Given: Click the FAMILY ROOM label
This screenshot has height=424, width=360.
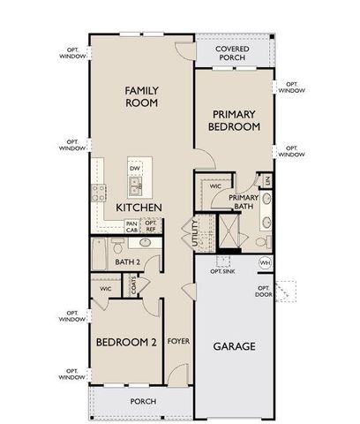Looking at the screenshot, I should (141, 96).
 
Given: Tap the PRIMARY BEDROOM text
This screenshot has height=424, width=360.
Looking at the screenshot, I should (234, 120).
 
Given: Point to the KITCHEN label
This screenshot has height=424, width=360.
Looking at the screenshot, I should (139, 208).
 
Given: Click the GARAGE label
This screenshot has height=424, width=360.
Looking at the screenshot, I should (234, 346).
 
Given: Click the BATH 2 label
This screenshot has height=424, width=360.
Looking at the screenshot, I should (129, 261).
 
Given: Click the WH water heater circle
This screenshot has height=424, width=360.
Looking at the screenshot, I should (264, 263).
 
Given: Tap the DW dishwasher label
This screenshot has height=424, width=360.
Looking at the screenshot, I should (134, 168).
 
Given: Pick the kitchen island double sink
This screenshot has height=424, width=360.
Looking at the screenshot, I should (135, 186).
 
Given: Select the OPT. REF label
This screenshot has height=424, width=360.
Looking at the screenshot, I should (151, 226).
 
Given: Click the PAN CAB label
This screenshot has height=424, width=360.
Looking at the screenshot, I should (131, 226).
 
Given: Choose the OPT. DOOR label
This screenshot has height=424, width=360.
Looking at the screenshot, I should (263, 291).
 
